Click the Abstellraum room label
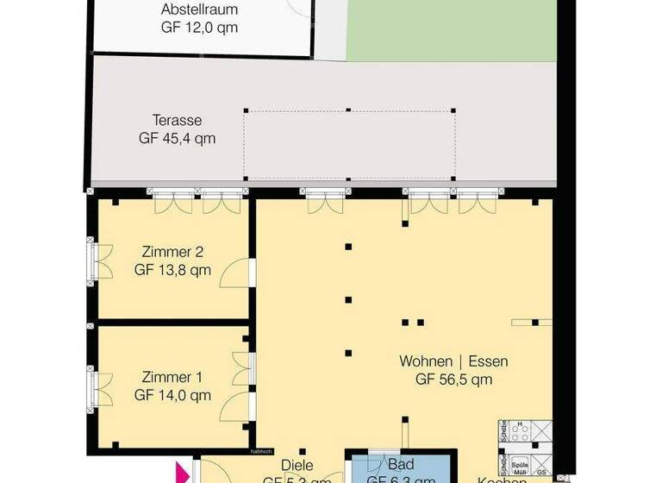[199, 10]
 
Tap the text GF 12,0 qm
[199, 28]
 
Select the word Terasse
[178, 120]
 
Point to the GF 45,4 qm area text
[178, 137]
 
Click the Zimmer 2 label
[172, 253]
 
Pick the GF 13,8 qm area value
[172, 270]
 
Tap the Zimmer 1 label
[172, 378]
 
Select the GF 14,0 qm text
[172, 396]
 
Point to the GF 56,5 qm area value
[453, 378]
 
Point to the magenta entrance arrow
[182, 474]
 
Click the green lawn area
[447, 30]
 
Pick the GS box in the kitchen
[541, 473]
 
